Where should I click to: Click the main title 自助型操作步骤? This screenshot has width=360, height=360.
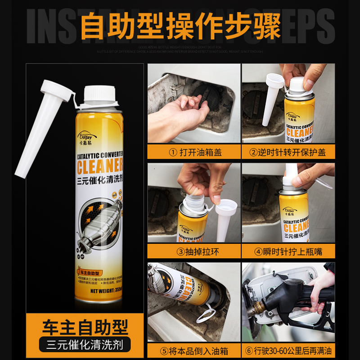[x=180, y=26]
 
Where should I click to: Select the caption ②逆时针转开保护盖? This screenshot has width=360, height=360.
[x=288, y=152]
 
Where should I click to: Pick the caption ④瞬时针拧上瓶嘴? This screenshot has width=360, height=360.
[x=288, y=252]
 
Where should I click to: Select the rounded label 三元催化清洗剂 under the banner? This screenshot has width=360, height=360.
[x=85, y=345]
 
